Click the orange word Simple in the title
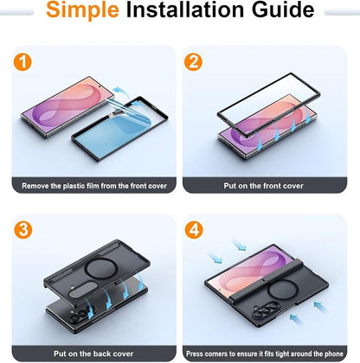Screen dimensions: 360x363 (82, 10)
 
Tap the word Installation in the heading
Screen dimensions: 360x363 (185, 10)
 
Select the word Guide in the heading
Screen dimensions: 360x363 (283, 10)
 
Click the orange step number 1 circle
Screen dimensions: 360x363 (22, 62)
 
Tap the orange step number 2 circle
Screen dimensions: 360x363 (193, 62)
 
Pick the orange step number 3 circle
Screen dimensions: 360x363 (23, 230)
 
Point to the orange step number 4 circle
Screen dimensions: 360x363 (194, 230)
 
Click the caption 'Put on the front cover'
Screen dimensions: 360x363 (263, 186)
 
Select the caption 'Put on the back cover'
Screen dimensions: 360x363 (93, 353)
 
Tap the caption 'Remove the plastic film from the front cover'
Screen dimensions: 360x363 (94, 186)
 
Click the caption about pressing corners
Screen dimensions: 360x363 (265, 353)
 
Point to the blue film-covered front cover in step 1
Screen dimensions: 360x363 (119, 129)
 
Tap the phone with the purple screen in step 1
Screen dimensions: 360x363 (64, 107)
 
